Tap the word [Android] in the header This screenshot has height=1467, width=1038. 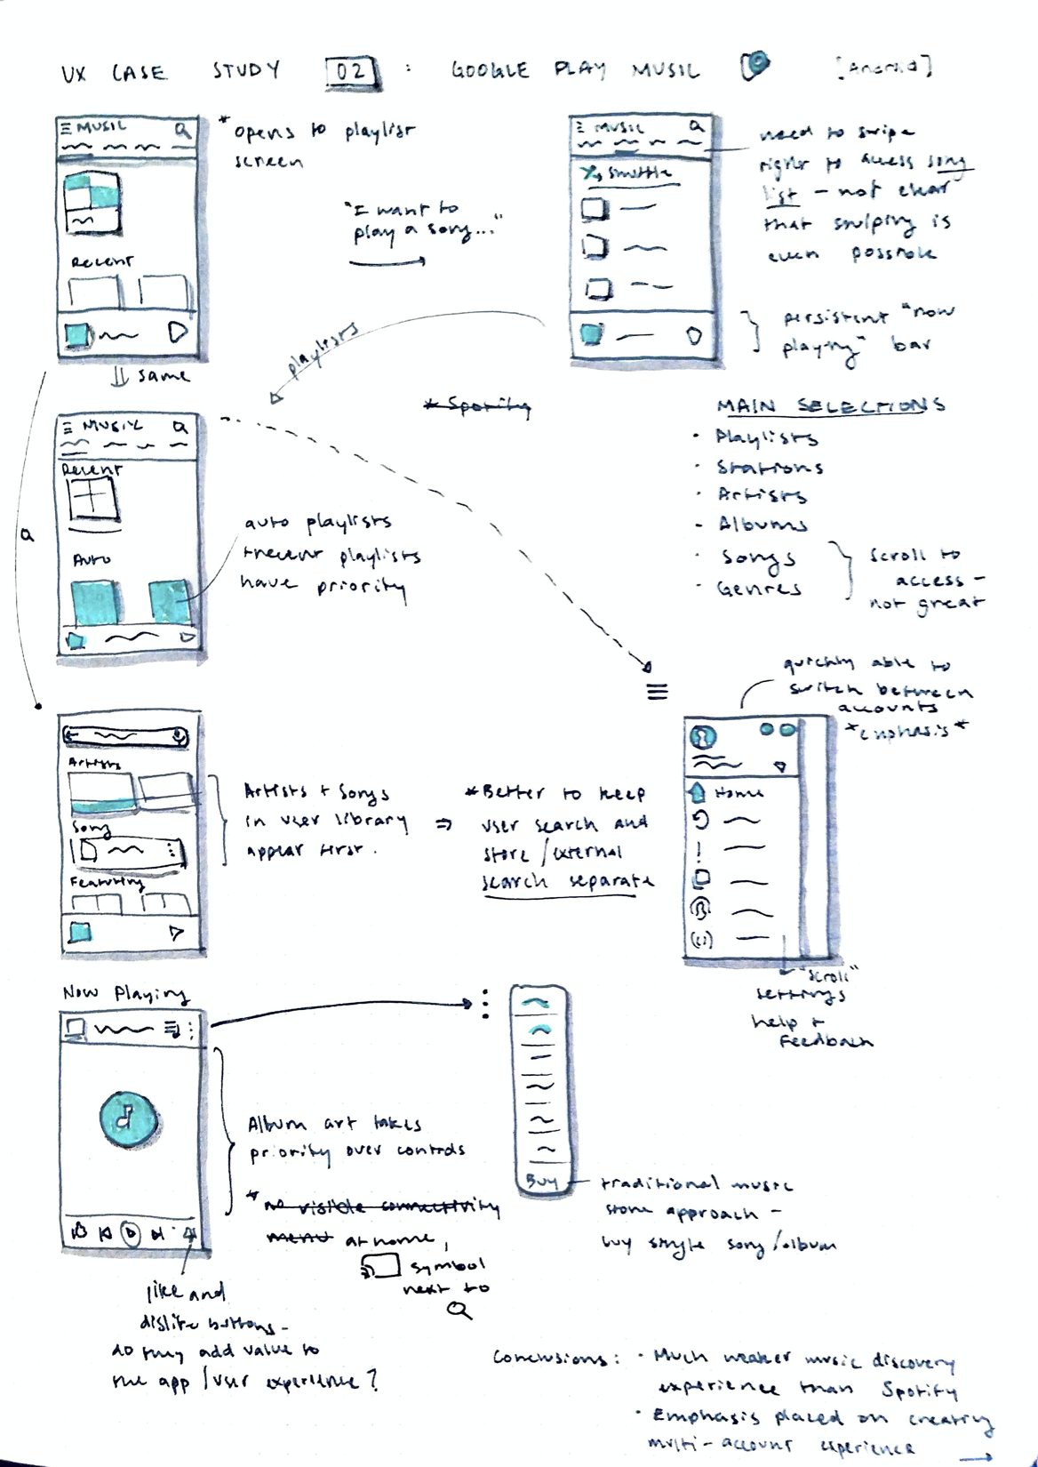(883, 68)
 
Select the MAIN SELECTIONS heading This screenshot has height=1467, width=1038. (830, 406)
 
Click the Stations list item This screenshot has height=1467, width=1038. (770, 467)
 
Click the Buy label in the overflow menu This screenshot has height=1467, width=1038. (541, 1181)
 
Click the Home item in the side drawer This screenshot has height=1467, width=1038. (738, 792)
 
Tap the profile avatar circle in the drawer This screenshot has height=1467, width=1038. (703, 737)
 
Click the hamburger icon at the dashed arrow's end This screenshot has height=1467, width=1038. (657, 692)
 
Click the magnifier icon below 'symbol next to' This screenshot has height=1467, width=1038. (459, 1310)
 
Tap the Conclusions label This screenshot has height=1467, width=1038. (549, 1358)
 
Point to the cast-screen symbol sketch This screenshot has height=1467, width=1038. (381, 1266)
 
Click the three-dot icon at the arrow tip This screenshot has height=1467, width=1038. (485, 1004)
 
